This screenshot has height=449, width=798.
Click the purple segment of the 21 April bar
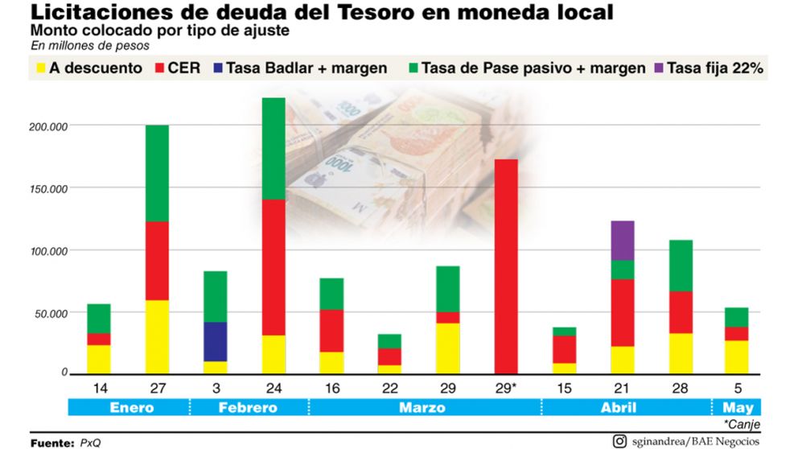pyautogui.click(x=622, y=240)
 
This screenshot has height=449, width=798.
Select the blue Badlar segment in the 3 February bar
pyautogui.click(x=215, y=341)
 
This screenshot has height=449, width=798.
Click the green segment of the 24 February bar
pyautogui.click(x=274, y=148)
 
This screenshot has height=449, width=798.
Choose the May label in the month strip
pyautogui.click(x=738, y=407)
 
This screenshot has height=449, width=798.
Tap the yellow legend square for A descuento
pyautogui.click(x=37, y=68)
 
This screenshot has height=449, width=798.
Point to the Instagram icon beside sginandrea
pyautogui.click(x=619, y=440)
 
